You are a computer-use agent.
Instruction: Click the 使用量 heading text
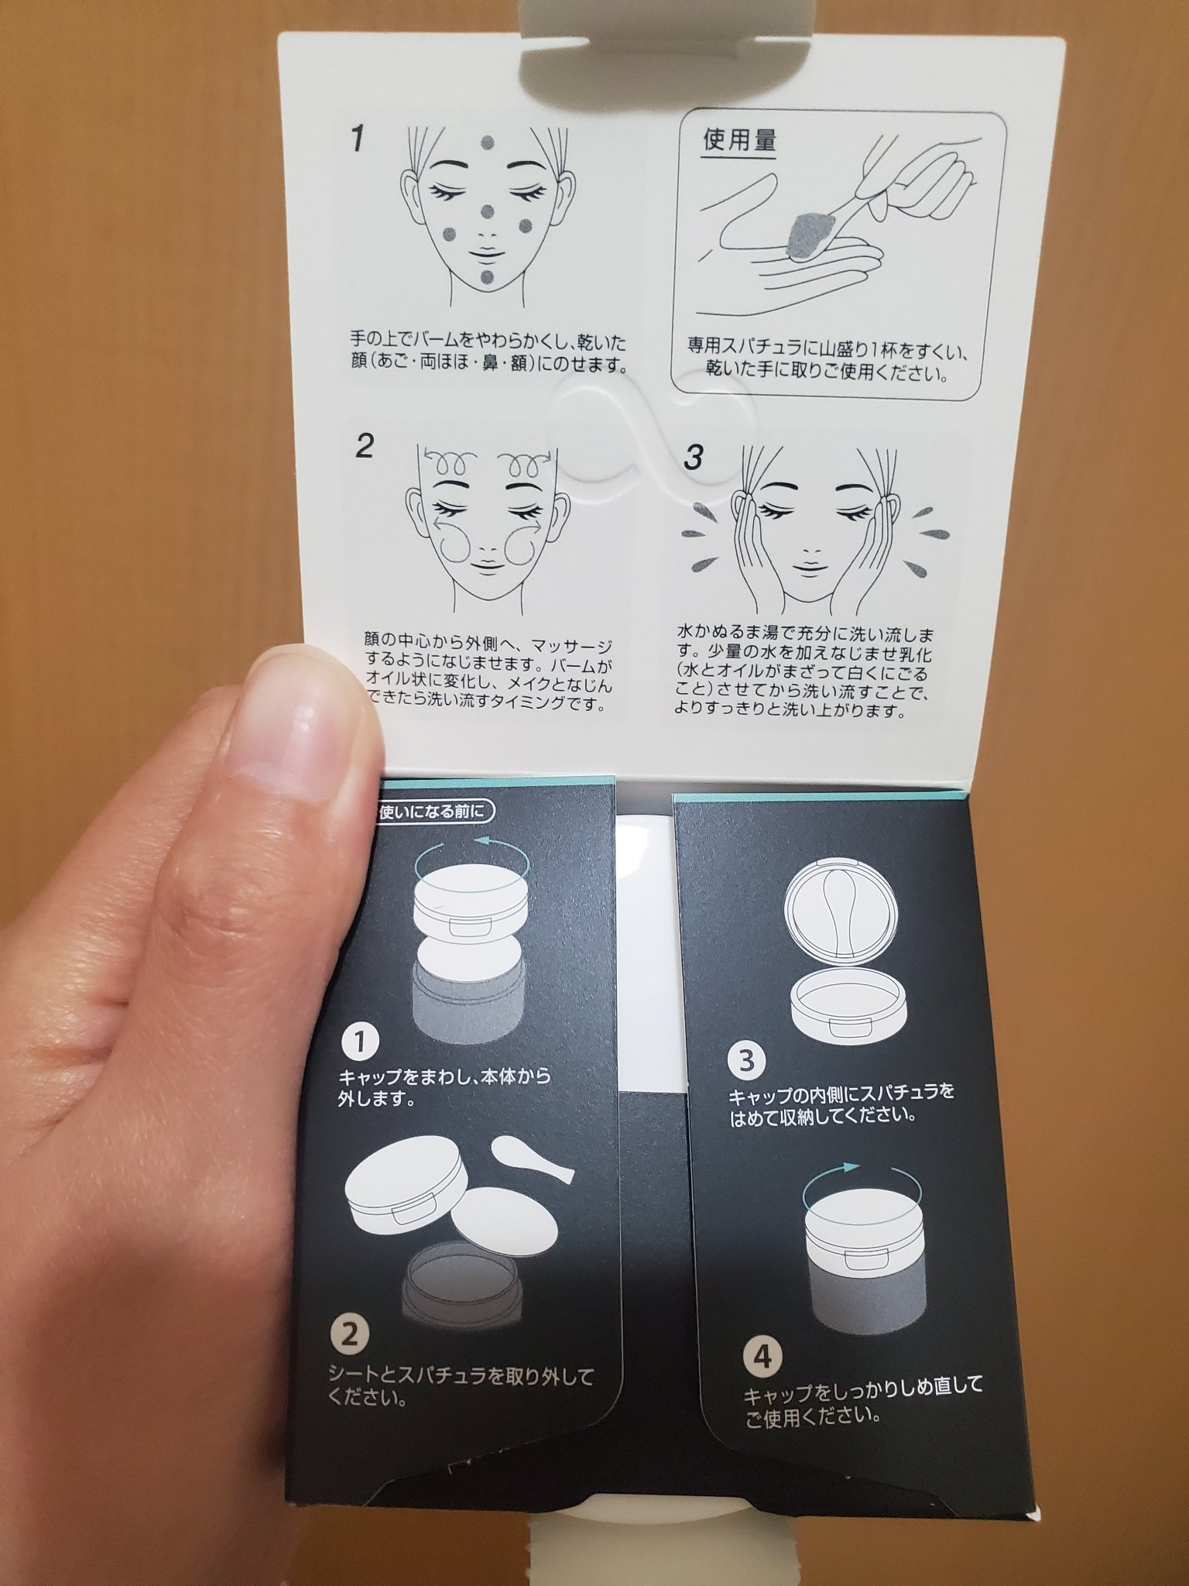click(x=738, y=142)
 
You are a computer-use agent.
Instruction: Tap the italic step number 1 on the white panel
click(x=357, y=140)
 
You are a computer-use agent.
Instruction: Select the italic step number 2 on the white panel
click(x=364, y=447)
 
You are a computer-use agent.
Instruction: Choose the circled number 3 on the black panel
click(x=746, y=1059)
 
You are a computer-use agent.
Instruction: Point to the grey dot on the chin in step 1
click(x=485, y=279)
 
